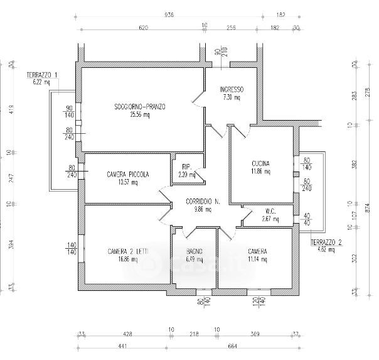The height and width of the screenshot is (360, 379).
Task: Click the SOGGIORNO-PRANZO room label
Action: click(x=140, y=107)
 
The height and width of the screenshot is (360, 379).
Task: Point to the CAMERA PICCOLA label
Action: click(x=127, y=175)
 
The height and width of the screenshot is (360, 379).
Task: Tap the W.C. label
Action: click(x=271, y=210)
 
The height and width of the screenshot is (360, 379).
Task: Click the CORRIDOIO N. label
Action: click(x=202, y=202)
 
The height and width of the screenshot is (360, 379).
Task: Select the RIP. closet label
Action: click(x=186, y=166)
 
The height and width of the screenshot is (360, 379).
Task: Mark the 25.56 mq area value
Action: click(x=140, y=115)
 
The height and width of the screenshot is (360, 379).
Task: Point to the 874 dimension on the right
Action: click(x=370, y=205)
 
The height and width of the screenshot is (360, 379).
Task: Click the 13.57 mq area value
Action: click(x=127, y=183)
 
